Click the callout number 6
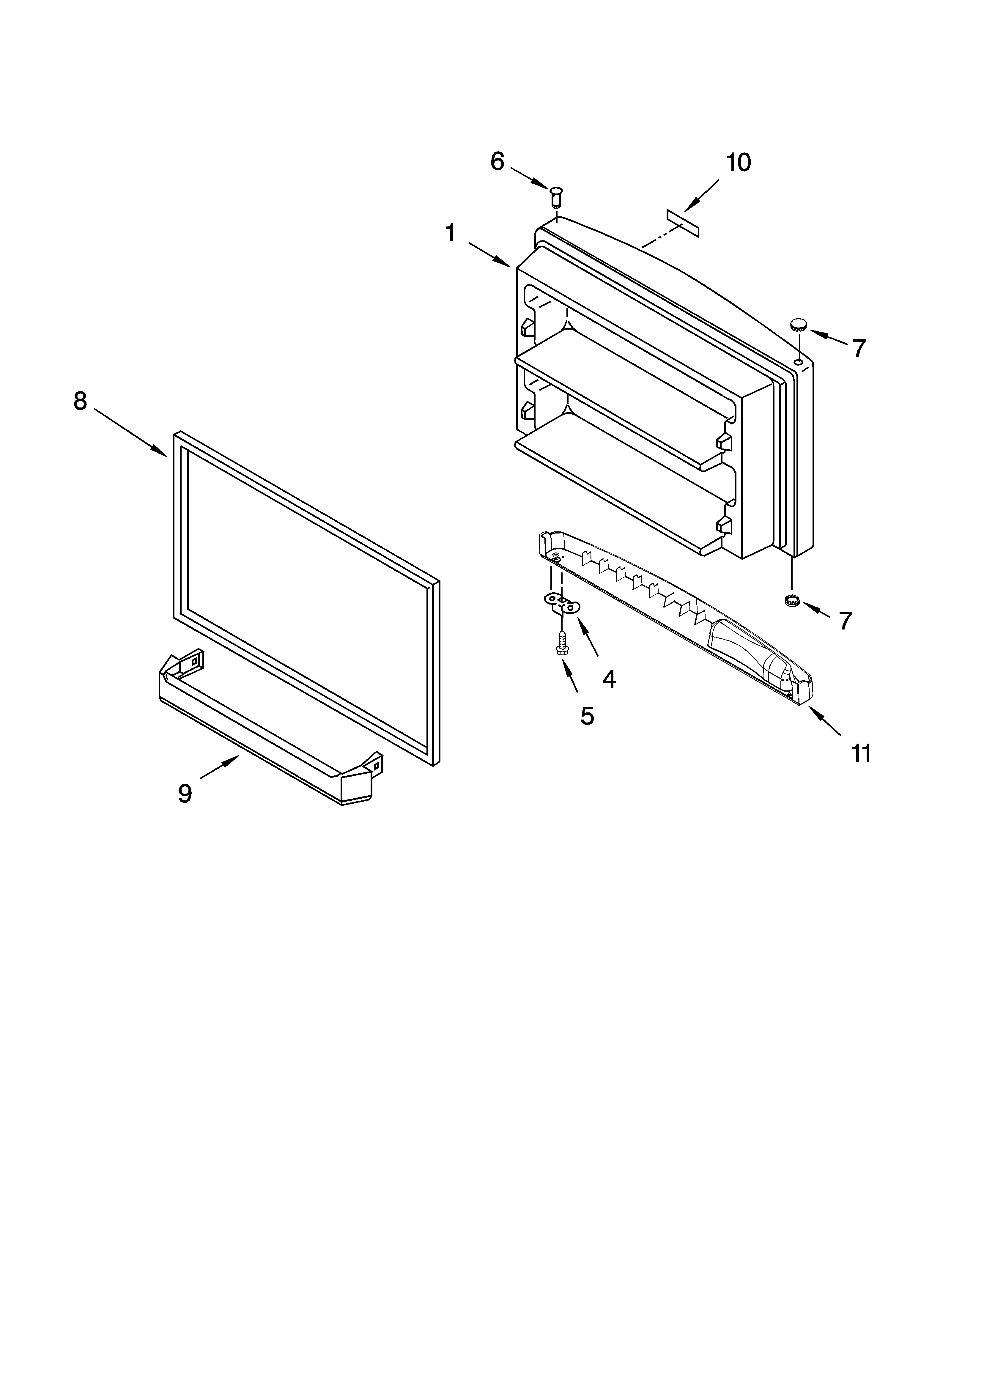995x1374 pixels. coord(497,162)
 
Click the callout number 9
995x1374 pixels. coord(185,793)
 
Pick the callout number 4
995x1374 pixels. coord(609,680)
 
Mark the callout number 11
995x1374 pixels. coord(860,753)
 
